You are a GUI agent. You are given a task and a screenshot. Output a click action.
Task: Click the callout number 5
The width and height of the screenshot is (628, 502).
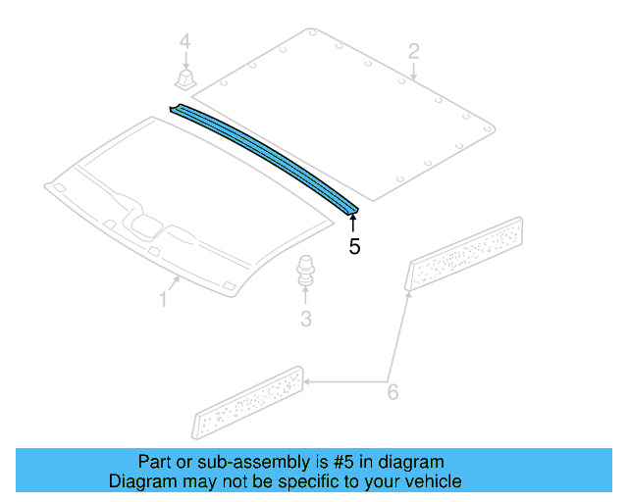tap(354, 246)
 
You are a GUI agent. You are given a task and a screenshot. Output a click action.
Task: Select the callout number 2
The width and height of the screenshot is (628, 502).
tap(414, 50)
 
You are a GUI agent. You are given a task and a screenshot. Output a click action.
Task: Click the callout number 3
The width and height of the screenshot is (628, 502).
tap(305, 318)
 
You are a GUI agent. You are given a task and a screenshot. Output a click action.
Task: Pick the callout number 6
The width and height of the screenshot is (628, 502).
tap(392, 392)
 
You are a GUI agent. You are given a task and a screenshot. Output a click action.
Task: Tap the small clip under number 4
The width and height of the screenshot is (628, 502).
tap(183, 78)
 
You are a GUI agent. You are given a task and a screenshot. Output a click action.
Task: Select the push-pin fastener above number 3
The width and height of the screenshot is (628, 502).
tap(305, 270)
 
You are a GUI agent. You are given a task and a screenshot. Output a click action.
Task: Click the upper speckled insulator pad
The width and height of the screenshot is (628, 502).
tap(466, 254)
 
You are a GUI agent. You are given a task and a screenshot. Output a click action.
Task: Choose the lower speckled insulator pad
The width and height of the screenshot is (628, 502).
tap(249, 402)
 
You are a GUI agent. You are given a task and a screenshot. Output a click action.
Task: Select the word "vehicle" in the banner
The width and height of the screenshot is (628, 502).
tap(432, 481)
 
